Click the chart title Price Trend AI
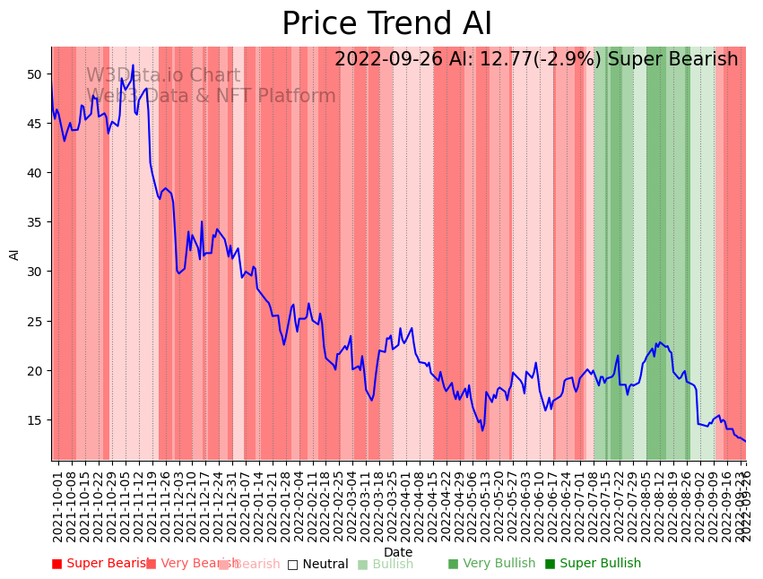[386, 24]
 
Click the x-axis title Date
[398, 552]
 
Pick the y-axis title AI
[14, 255]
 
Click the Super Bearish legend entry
[101, 564]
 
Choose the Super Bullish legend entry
[593, 564]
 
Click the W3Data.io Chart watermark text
[163, 76]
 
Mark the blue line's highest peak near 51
[133, 65]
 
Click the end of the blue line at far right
[745, 441]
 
